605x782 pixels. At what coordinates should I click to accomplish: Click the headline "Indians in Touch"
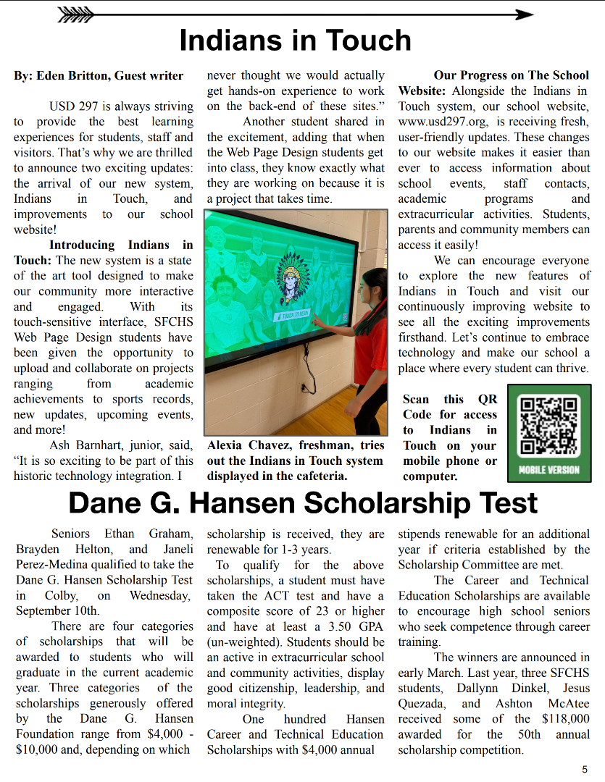click(x=295, y=41)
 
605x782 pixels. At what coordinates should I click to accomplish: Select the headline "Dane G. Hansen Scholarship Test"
click(x=302, y=503)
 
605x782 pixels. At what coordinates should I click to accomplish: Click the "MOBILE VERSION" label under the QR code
click(x=549, y=470)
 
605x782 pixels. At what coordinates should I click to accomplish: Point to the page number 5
click(x=585, y=769)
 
